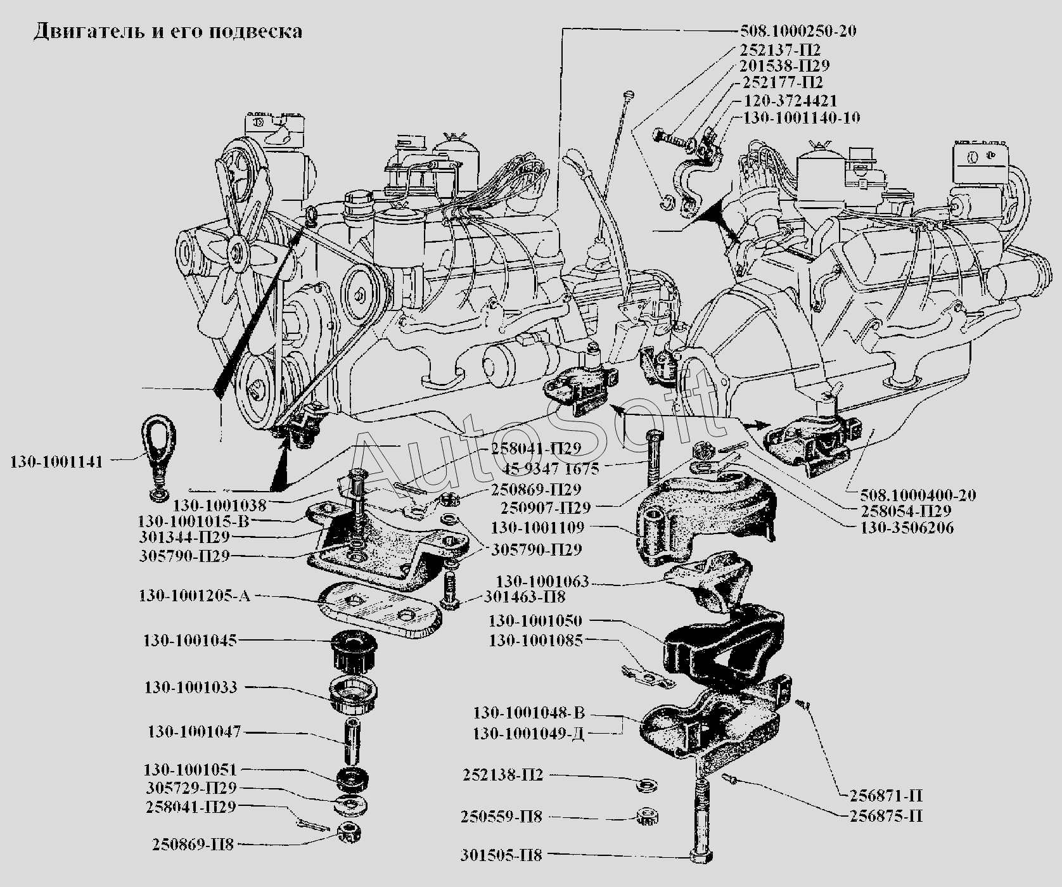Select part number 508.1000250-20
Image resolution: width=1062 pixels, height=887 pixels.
(798, 30)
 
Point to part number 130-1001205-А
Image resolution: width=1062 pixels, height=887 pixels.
(194, 596)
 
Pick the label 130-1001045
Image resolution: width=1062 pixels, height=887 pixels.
(190, 641)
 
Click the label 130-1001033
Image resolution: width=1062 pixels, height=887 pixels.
(190, 687)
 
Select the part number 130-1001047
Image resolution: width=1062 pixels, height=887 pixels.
(194, 732)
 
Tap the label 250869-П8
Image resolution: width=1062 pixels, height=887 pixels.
(193, 845)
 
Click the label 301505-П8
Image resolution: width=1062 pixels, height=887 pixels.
(502, 856)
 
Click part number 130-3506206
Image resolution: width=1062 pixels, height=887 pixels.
(907, 528)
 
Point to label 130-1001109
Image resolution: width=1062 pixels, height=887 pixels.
(537, 527)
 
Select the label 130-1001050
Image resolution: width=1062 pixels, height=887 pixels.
(535, 621)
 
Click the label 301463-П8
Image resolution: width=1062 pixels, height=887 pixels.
(525, 596)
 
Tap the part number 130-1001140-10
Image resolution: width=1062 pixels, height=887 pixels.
(801, 118)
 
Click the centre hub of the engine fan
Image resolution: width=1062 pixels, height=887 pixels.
(238, 252)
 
